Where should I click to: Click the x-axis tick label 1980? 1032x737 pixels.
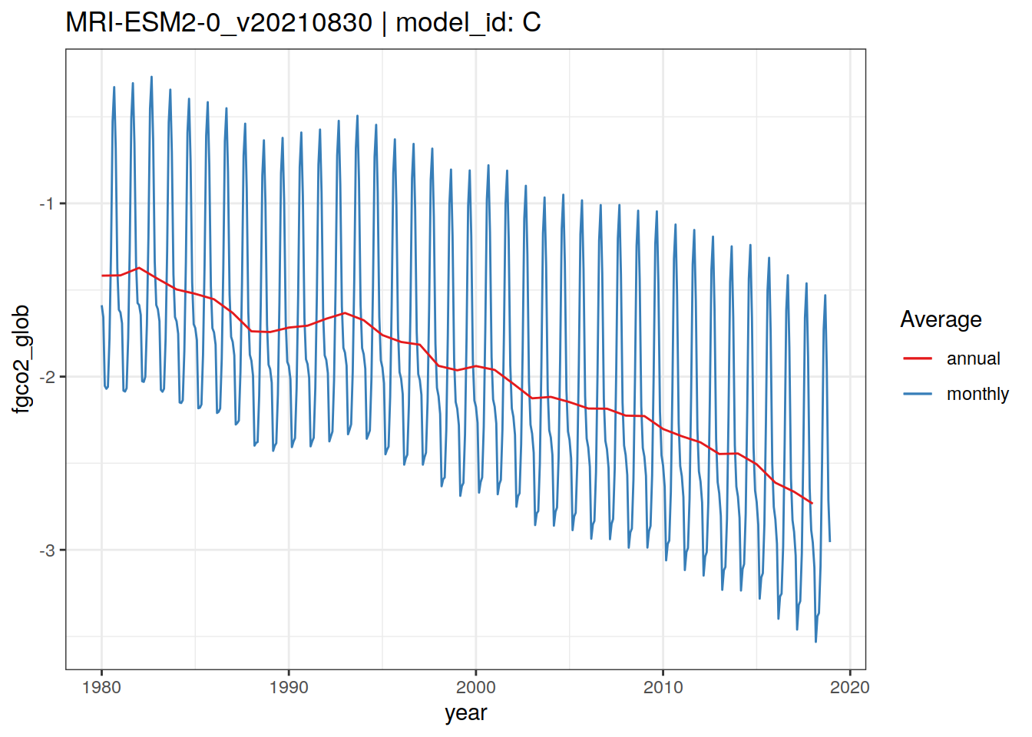pyautogui.click(x=101, y=687)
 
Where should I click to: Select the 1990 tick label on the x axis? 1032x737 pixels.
pyautogui.click(x=289, y=687)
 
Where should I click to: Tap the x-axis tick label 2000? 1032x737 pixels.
pyautogui.click(x=476, y=687)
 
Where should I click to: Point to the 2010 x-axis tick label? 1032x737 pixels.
pyautogui.click(x=663, y=687)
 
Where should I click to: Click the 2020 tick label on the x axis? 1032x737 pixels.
pyautogui.click(x=850, y=687)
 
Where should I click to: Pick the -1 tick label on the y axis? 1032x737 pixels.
pyautogui.click(x=48, y=203)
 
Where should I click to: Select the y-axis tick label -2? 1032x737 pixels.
pyautogui.click(x=48, y=377)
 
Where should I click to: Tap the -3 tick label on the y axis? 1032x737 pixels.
pyautogui.click(x=48, y=550)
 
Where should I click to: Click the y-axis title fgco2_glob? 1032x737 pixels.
pyautogui.click(x=21, y=359)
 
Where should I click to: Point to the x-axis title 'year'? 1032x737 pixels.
pyautogui.click(x=465, y=713)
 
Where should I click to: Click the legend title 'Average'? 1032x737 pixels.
pyautogui.click(x=941, y=319)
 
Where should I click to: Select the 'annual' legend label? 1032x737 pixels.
pyautogui.click(x=973, y=359)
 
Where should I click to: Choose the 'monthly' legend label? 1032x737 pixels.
pyautogui.click(x=977, y=394)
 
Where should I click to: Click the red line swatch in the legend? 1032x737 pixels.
pyautogui.click(x=918, y=359)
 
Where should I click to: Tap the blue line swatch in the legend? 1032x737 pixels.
pyautogui.click(x=918, y=394)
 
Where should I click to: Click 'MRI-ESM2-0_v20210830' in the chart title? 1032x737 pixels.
pyautogui.click(x=219, y=22)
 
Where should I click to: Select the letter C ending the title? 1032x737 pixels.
pyautogui.click(x=532, y=22)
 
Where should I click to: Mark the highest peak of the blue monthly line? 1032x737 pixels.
pyautogui.click(x=151, y=77)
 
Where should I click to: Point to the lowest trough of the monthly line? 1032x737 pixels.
pyautogui.click(x=815, y=642)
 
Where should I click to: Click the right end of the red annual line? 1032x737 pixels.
pyautogui.click(x=812, y=504)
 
